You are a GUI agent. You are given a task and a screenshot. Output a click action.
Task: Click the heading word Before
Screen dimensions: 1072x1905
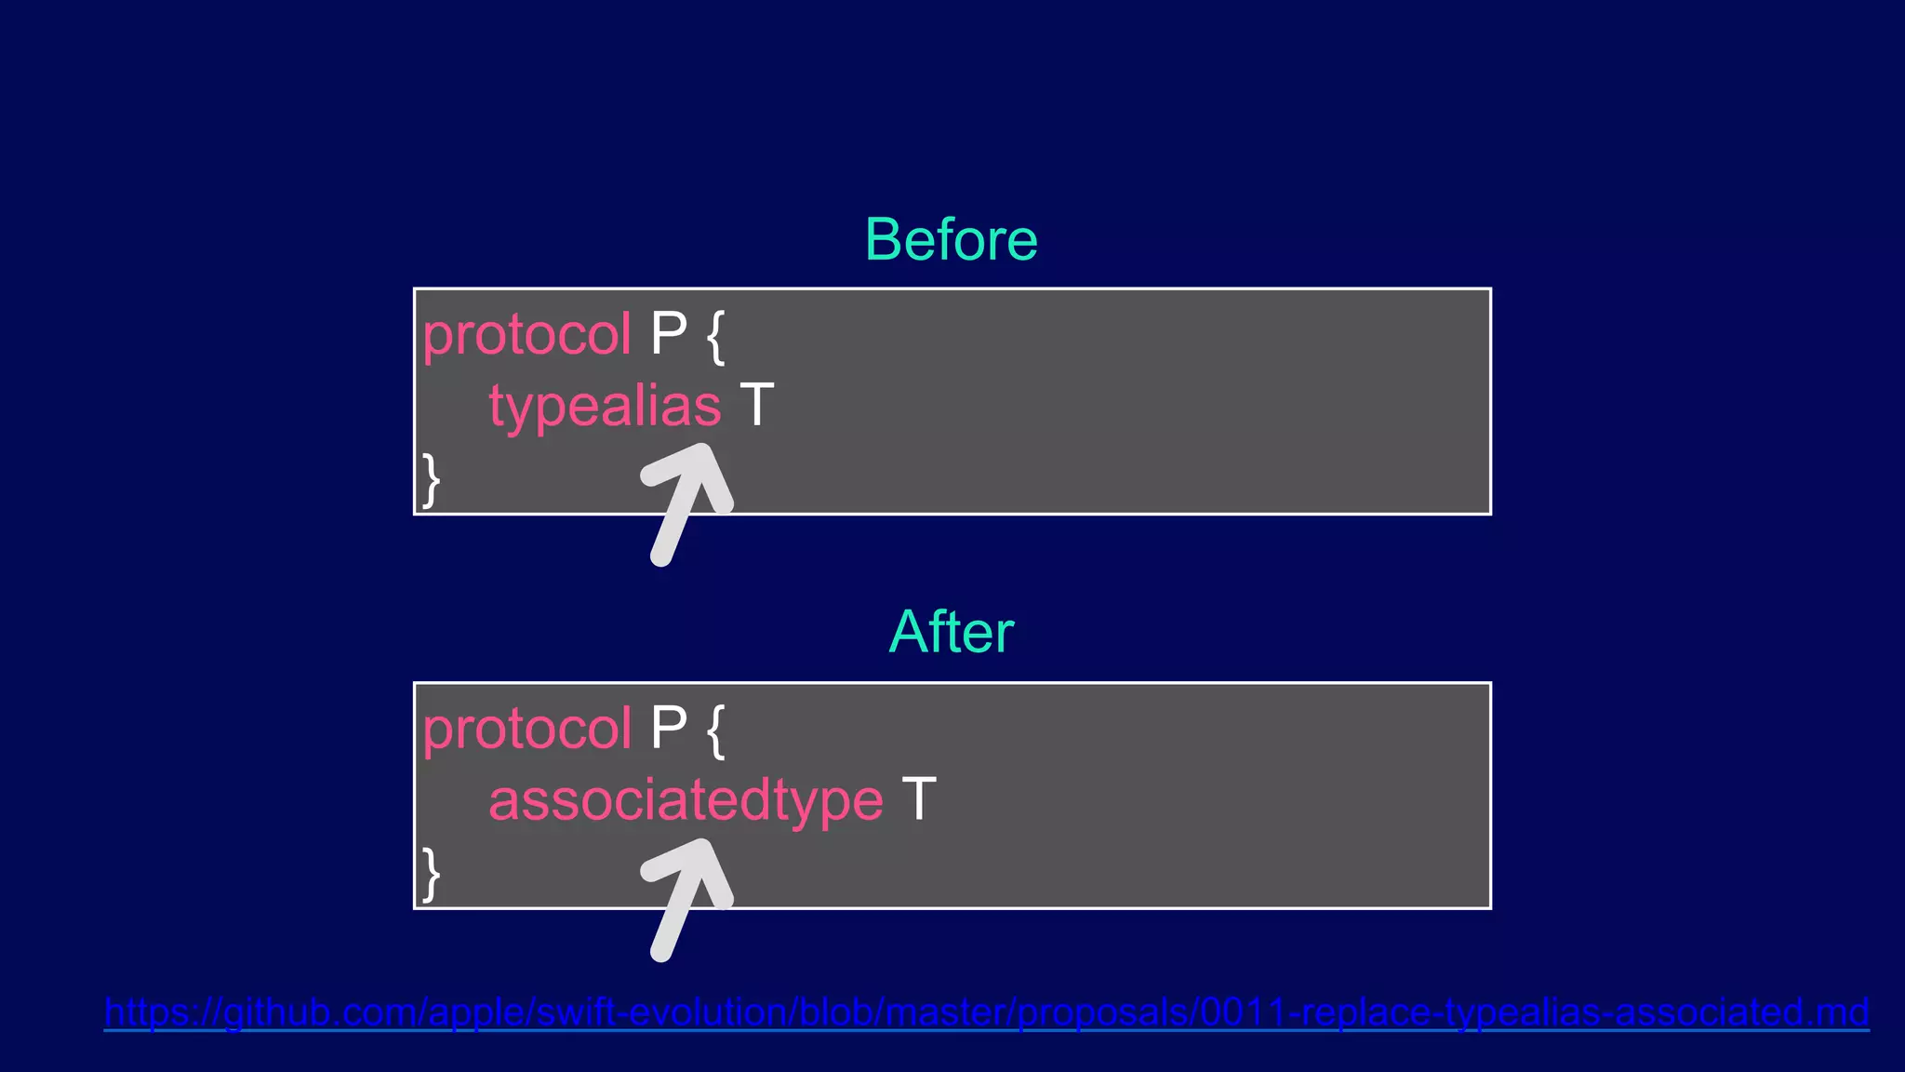pyautogui.click(x=951, y=240)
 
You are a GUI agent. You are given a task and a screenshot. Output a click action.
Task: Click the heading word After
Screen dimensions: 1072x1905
pyautogui.click(x=951, y=633)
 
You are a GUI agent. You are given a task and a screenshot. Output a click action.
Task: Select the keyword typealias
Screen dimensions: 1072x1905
pyautogui.click(x=605, y=407)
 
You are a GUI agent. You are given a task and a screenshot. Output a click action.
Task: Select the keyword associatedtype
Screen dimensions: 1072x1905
pyautogui.click(x=686, y=800)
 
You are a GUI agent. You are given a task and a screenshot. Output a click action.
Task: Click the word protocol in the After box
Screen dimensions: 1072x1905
pyautogui.click(x=526, y=728)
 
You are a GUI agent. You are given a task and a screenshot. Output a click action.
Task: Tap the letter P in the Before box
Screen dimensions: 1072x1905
pyautogui.click(x=668, y=333)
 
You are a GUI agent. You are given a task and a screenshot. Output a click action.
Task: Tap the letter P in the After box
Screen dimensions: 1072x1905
pyautogui.click(x=668, y=727)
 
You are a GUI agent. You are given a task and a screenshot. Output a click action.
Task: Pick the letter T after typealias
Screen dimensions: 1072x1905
pyautogui.click(x=756, y=406)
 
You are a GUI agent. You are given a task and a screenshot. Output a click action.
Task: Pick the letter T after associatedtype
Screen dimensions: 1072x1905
pyautogui.click(x=918, y=799)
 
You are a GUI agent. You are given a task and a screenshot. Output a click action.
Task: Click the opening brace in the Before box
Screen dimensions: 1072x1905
pyautogui.click(x=715, y=337)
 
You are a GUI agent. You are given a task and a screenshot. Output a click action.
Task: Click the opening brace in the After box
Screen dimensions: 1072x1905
pyautogui.click(x=715, y=730)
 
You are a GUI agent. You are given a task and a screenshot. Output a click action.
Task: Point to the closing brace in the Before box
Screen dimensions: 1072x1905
pyautogui.click(x=431, y=479)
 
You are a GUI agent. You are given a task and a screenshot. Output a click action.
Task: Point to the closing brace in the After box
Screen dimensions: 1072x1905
pyautogui.click(x=431, y=873)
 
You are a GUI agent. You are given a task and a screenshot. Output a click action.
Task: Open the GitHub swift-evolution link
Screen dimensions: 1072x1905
pyautogui.click(x=986, y=1012)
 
